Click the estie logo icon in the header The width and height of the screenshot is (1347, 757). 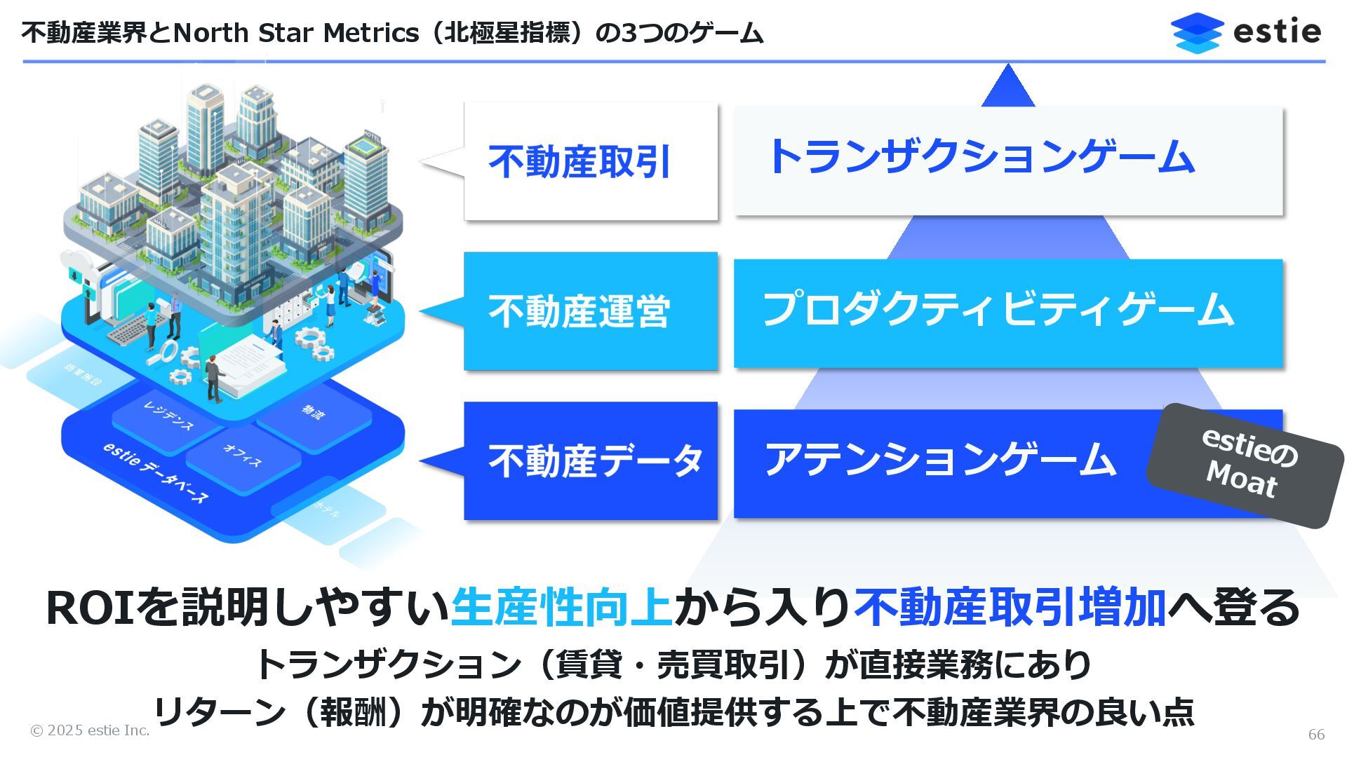pyautogui.click(x=1197, y=32)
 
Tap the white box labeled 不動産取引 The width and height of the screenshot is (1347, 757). pyautogui.click(x=590, y=161)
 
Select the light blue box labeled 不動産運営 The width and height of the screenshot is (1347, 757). pyautogui.click(x=590, y=311)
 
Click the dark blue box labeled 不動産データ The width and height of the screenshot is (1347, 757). pyautogui.click(x=590, y=461)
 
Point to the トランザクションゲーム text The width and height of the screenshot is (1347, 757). pyautogui.click(x=981, y=156)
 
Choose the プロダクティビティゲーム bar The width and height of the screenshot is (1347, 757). pyautogui.click(x=1007, y=313)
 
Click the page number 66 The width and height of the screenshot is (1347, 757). pyautogui.click(x=1316, y=734)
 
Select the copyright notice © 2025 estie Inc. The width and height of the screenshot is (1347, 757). pyautogui.click(x=90, y=730)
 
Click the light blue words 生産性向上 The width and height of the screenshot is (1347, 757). pyautogui.click(x=561, y=608)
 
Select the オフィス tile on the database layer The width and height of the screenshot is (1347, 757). pyautogui.click(x=243, y=456)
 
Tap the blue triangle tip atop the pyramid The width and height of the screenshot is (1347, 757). pyautogui.click(x=1007, y=87)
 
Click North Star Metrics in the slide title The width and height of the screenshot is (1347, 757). pyautogui.click(x=295, y=33)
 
